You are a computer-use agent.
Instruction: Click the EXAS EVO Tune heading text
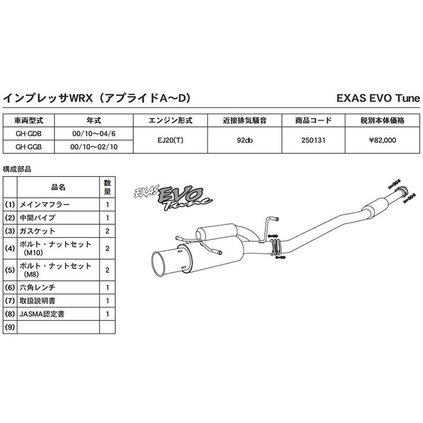pos(378,98)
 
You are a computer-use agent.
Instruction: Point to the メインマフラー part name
pos(44,204)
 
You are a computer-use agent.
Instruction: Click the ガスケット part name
pos(38,231)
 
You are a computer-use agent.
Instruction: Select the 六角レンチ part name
pos(38,288)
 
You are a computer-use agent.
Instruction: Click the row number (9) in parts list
pos(10,327)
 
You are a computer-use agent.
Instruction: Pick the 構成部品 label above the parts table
pos(17,169)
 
